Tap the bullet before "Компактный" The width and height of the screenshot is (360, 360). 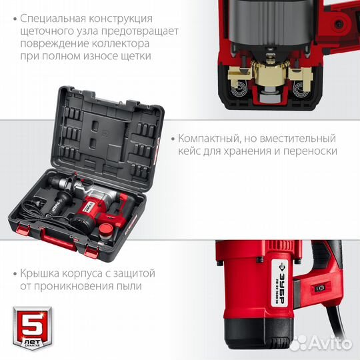click(173, 139)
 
